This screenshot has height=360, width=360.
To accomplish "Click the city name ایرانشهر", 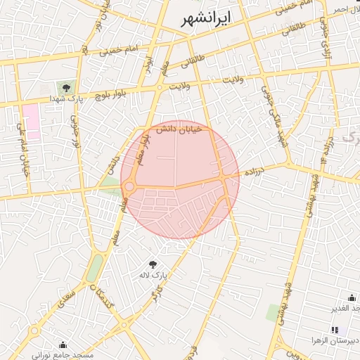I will coord(205,19).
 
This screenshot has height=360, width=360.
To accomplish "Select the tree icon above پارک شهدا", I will coord(66,88).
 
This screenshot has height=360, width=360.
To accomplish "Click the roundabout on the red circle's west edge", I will coord(129,187).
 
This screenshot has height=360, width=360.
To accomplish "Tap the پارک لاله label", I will coord(153,276).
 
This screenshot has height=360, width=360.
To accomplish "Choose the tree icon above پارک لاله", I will coord(153,264).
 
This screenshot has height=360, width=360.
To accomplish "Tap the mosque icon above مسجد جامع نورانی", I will coord(63,345).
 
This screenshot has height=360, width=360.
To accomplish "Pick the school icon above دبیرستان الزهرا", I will coord(335,329).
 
